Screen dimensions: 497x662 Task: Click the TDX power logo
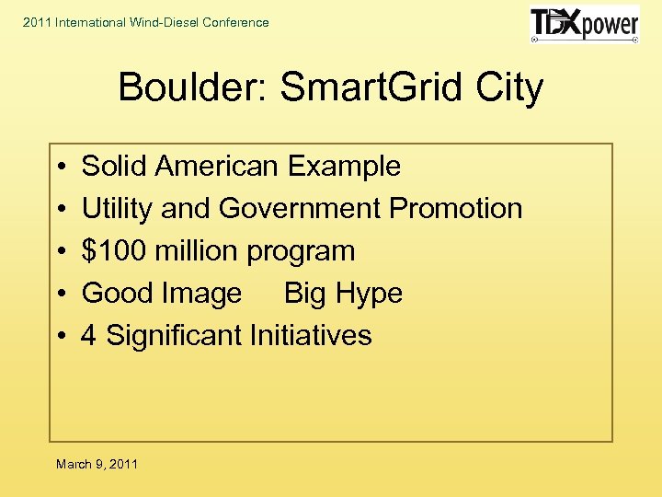coord(584,24)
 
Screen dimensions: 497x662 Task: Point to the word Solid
coord(115,167)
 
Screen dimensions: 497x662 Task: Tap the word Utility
coord(117,209)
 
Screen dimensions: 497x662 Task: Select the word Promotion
coord(456,209)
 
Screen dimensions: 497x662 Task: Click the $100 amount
coord(110,251)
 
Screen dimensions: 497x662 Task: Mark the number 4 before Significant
coord(89,336)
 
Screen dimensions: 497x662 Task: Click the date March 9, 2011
coord(97,464)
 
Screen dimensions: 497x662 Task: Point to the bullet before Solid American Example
coord(58,168)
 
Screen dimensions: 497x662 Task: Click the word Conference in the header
coord(235,22)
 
